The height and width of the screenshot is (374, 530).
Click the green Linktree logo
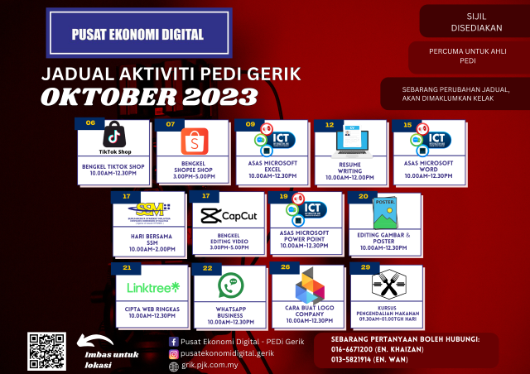coord(153,287)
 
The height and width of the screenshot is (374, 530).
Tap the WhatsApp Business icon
coord(230,285)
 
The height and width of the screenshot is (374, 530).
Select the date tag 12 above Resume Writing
coord(330,124)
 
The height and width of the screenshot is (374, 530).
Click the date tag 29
coord(364,268)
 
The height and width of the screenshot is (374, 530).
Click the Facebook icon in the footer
coord(173,341)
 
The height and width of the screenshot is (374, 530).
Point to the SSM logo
coord(150,211)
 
